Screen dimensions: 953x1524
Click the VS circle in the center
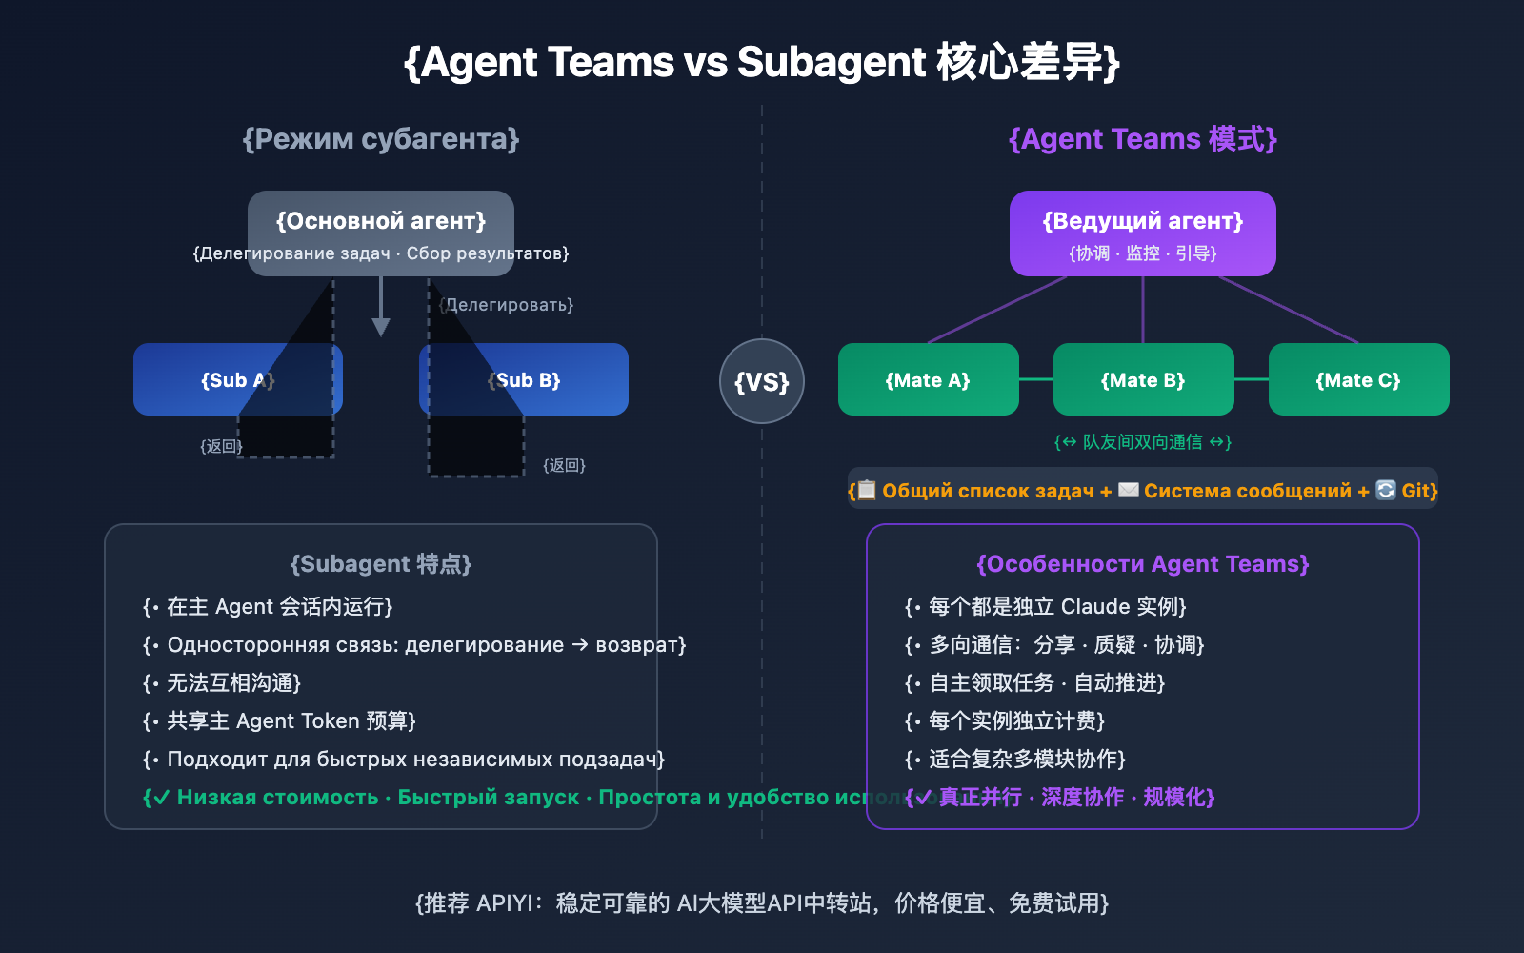762,381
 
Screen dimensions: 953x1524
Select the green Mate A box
928,379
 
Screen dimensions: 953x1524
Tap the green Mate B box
1143,379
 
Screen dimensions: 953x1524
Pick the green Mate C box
1358,379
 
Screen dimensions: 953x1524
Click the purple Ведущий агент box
1143,233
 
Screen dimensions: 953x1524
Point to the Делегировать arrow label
507,305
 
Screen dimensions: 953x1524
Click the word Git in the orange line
1416,491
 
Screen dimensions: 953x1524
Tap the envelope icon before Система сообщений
1128,490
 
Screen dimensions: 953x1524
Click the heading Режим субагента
381,139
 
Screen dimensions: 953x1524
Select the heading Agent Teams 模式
1143,139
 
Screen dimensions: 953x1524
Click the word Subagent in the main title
831,63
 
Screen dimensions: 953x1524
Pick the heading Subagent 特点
381,564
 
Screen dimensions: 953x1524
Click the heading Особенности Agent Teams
1143,564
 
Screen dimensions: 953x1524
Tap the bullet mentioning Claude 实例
1048,607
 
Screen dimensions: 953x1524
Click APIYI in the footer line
507,903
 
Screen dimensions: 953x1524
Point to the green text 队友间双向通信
1143,442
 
